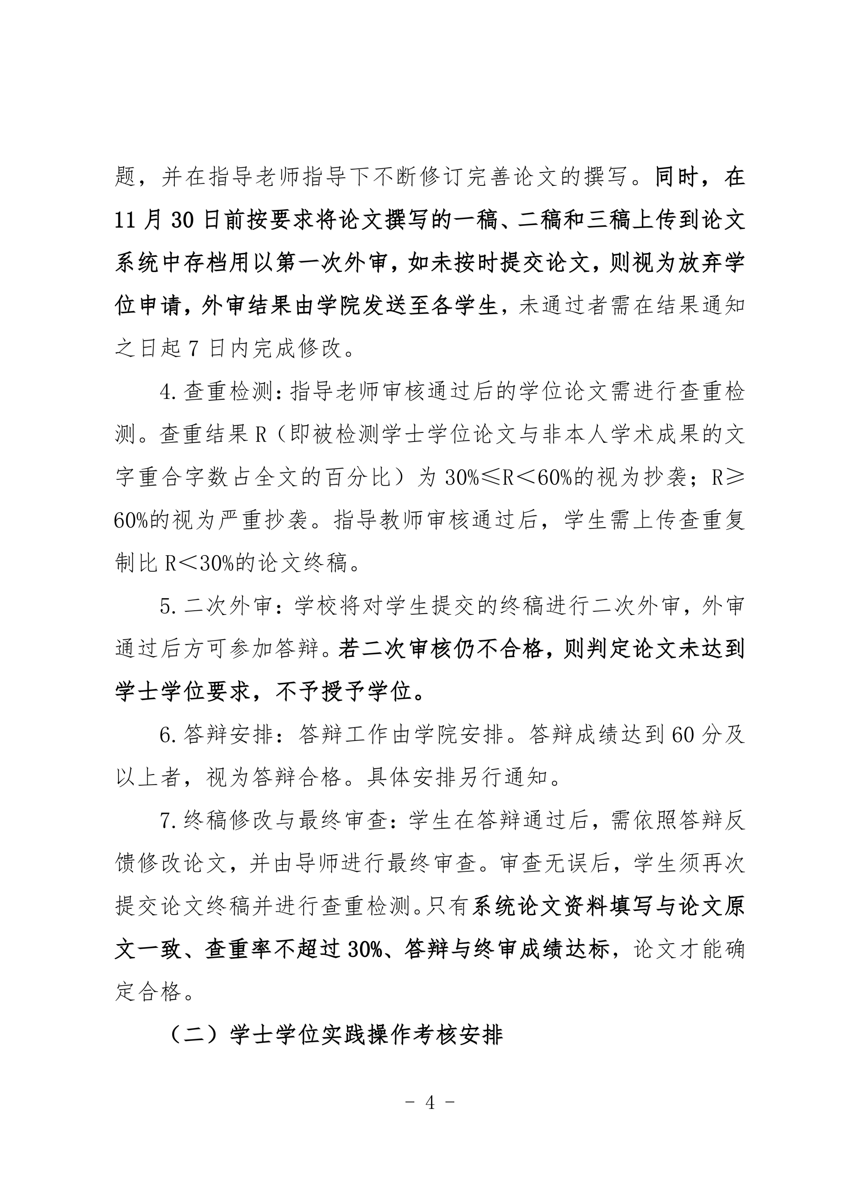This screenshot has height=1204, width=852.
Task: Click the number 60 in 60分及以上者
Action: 683,735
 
